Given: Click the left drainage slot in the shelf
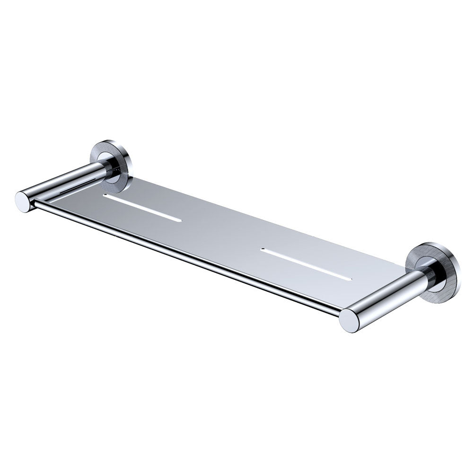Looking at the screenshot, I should click(142, 207).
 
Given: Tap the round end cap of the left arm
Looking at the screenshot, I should click(23, 201).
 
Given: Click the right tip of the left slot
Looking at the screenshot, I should click(180, 220).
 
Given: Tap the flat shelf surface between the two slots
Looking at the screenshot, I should click(222, 227).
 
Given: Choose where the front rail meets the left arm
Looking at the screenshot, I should click(34, 204).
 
